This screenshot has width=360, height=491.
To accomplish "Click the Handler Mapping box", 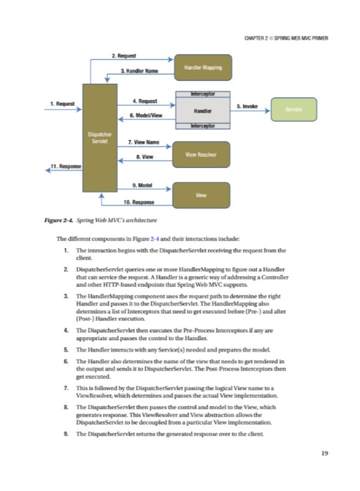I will click(x=202, y=67).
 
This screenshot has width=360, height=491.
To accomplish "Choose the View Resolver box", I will click(x=201, y=154).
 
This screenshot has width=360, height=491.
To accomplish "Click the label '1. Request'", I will click(x=63, y=103).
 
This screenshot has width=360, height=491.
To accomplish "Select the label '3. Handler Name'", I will click(x=139, y=71).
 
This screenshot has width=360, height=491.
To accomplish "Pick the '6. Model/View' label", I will click(x=146, y=116).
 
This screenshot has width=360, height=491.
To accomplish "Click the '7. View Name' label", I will click(x=143, y=142).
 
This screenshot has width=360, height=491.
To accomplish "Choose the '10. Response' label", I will click(x=139, y=202).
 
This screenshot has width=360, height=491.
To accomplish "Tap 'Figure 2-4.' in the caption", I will click(x=59, y=220).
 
